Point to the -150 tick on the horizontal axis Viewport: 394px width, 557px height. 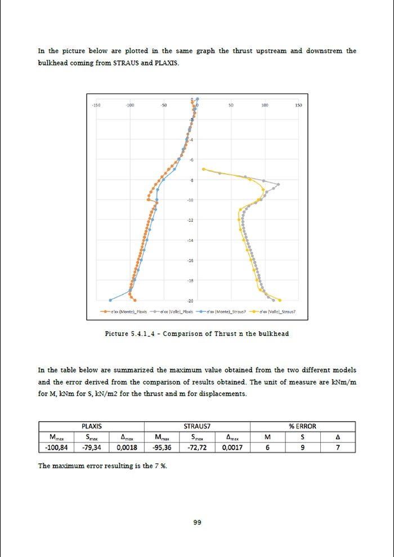pos(96,105)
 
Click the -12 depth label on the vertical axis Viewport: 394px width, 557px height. pos(191,220)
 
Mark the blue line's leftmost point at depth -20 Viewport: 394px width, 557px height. pos(110,300)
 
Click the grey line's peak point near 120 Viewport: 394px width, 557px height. pos(278,184)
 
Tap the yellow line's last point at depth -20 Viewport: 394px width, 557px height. pos(280,300)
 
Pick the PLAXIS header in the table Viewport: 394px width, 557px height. pos(91,426)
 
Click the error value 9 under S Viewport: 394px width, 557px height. pos(303,448)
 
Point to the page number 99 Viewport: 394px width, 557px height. pos(197,523)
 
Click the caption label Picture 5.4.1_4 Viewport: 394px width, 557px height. pos(132,334)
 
